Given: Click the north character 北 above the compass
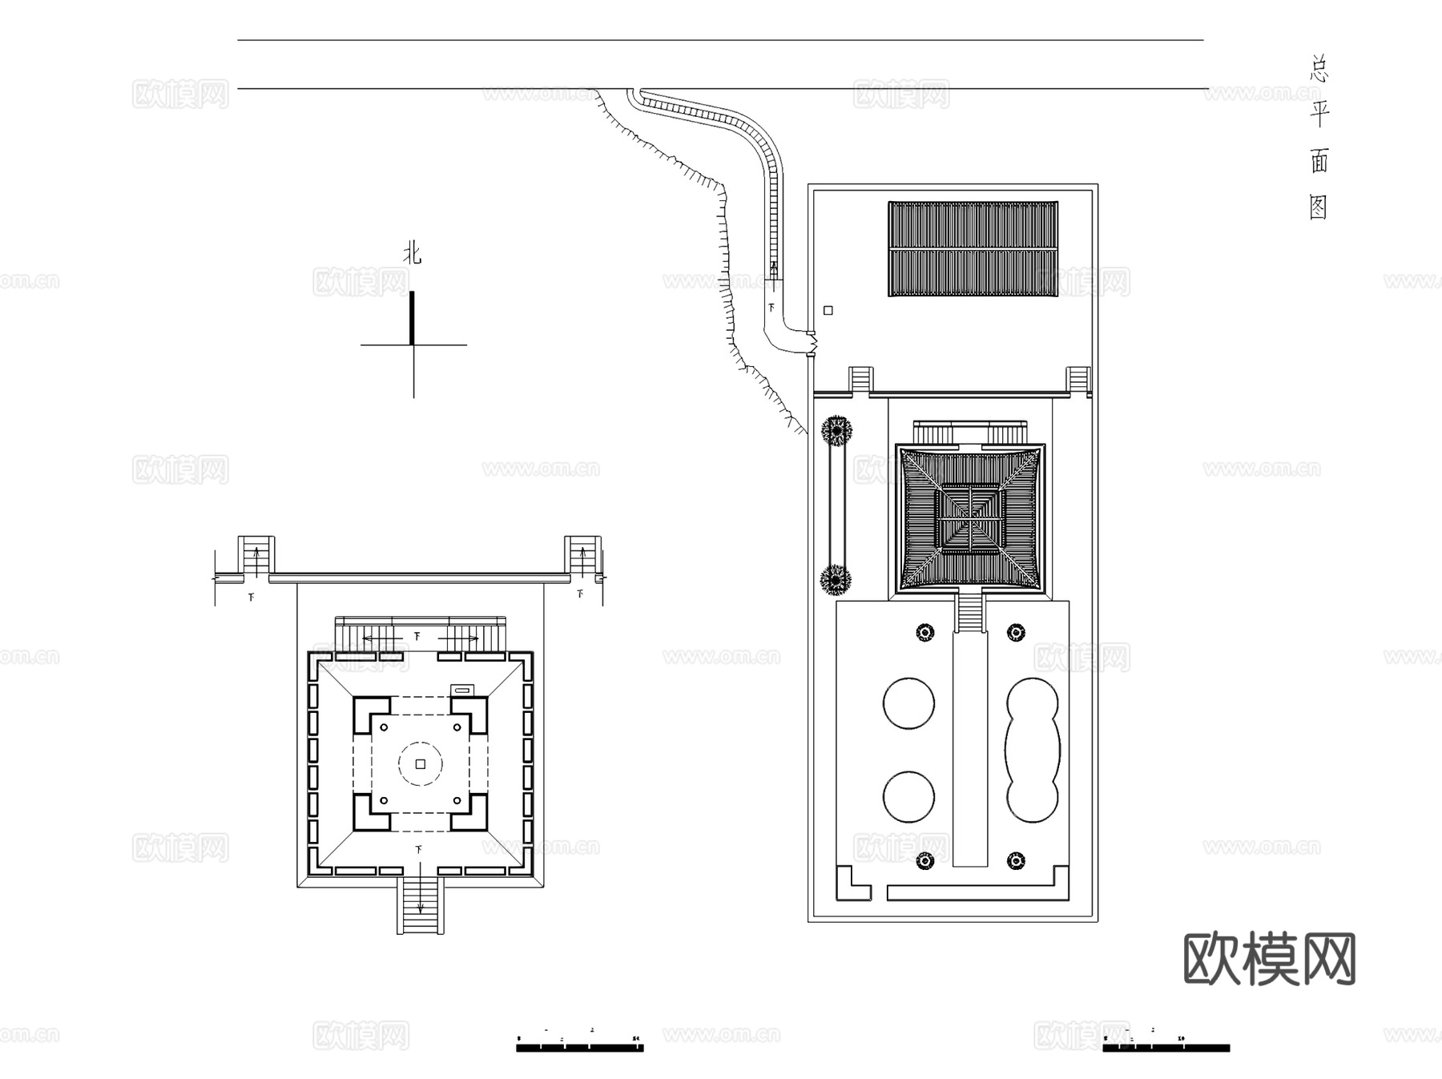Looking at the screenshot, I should click(412, 254).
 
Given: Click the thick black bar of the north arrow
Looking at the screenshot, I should click(413, 317).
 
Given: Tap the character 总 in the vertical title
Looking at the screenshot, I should click(1319, 68).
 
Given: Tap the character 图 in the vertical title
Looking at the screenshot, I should click(1319, 207).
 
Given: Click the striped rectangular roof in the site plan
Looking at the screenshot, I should click(973, 248).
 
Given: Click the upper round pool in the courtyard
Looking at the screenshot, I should click(908, 703).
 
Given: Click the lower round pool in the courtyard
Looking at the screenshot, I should click(908, 797).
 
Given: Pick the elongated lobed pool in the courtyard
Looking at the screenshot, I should click(1033, 750).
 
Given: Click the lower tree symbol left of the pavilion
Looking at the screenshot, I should click(836, 578).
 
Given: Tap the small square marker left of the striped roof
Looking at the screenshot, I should click(828, 310).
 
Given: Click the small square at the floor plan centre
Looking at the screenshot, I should click(421, 764).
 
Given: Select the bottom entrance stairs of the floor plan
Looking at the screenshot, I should click(421, 905).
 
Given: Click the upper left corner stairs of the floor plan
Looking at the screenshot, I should click(256, 555).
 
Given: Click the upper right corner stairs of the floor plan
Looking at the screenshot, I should click(582, 555).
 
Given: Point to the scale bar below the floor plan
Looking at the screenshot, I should click(579, 1047).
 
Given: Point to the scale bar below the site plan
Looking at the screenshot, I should click(1166, 1047).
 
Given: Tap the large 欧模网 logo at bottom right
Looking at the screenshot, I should click(1269, 959).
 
